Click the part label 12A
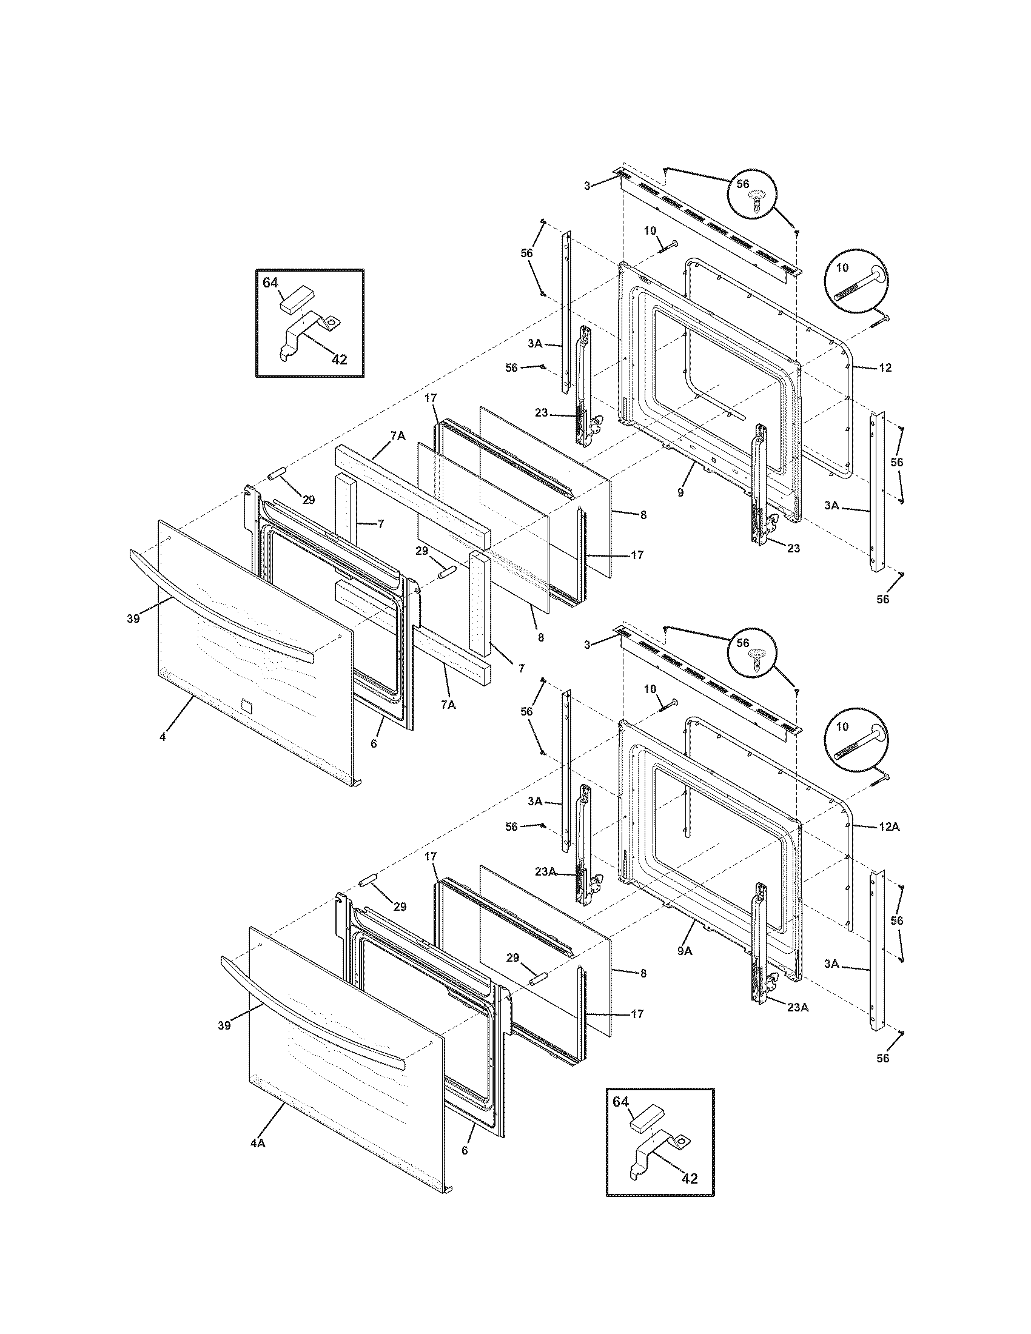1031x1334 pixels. (x=889, y=826)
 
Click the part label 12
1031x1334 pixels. (x=885, y=367)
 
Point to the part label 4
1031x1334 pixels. (x=163, y=737)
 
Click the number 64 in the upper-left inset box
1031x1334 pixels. (x=270, y=283)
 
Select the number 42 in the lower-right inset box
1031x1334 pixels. (x=689, y=1196)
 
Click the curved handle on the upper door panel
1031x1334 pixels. (x=220, y=607)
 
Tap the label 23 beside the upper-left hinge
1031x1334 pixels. (x=541, y=413)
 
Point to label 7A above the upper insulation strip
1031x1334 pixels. (x=398, y=435)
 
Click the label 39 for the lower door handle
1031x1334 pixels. (x=224, y=1025)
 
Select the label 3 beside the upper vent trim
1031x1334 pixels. (x=587, y=185)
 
